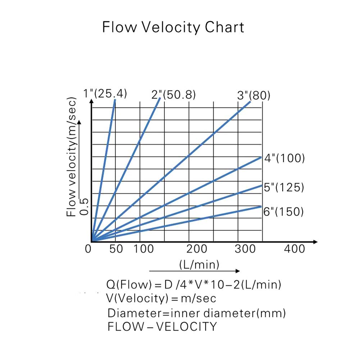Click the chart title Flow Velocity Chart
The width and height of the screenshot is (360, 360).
173,27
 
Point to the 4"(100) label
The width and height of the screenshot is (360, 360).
284,158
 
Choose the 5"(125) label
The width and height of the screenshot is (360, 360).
284,187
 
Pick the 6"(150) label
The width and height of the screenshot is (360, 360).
283,211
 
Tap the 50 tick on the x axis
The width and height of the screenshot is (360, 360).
116,249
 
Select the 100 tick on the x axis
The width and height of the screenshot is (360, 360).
143,249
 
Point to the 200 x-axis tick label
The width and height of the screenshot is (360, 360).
197,249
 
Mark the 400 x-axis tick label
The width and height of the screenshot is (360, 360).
294,249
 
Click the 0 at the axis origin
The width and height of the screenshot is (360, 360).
88,249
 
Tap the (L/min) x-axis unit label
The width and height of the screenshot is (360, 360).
199,265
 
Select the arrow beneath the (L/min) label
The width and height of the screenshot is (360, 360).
194,271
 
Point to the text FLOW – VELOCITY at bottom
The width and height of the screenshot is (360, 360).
162,327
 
